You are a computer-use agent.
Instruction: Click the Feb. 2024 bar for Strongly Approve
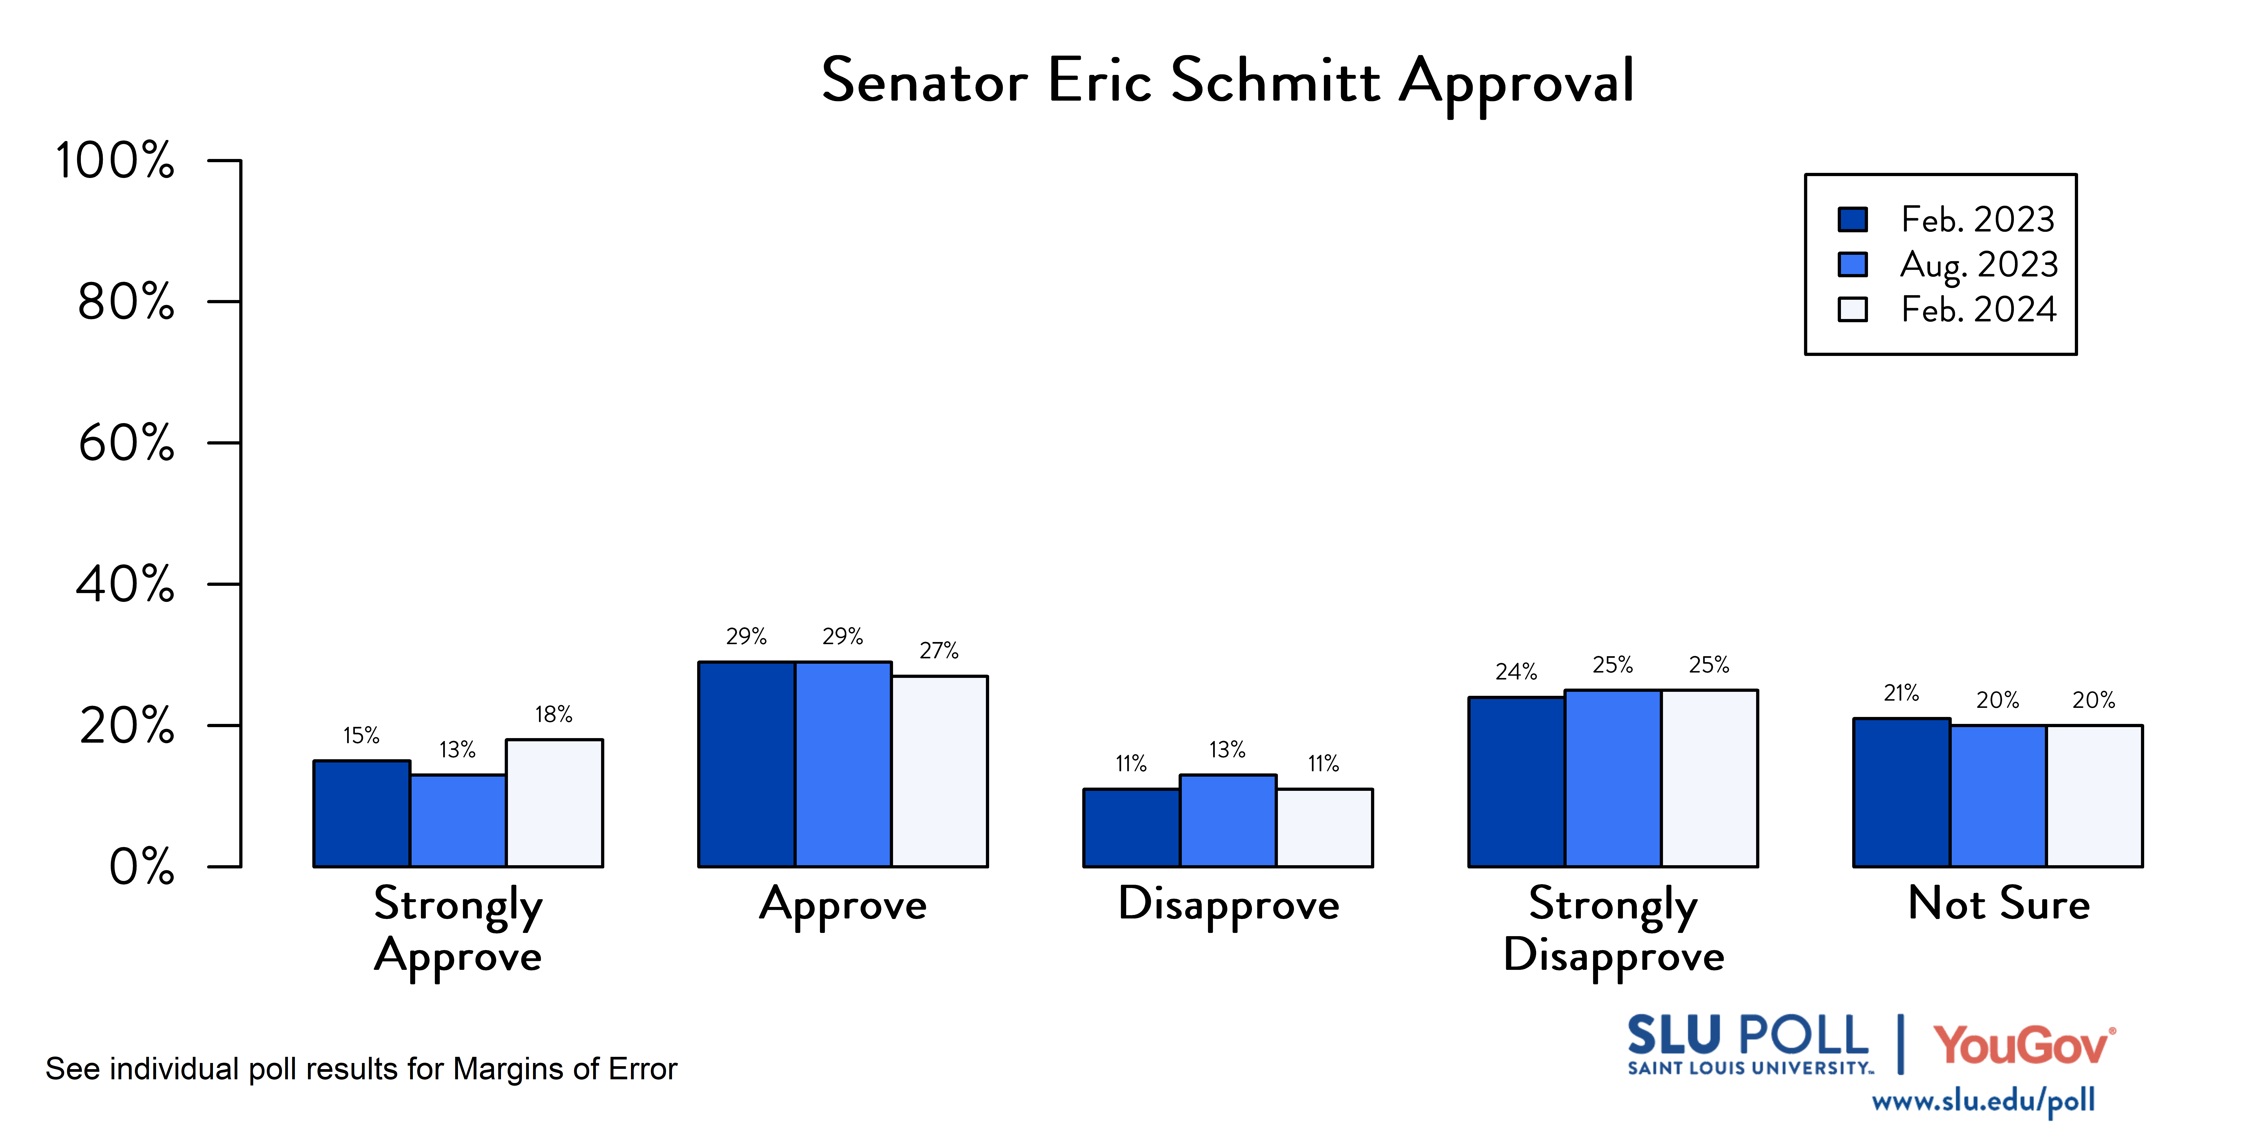(554, 803)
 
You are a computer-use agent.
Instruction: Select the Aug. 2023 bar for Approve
(843, 764)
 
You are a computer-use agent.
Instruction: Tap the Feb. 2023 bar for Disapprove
(1132, 827)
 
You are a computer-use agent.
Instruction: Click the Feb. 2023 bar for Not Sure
(1901, 792)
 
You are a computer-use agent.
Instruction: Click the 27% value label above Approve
(939, 650)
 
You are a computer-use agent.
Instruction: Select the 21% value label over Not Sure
(1901, 693)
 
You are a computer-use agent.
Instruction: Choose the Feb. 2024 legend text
(1978, 309)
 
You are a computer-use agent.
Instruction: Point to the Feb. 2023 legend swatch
(1853, 219)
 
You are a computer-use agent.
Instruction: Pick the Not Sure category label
(1998, 903)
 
